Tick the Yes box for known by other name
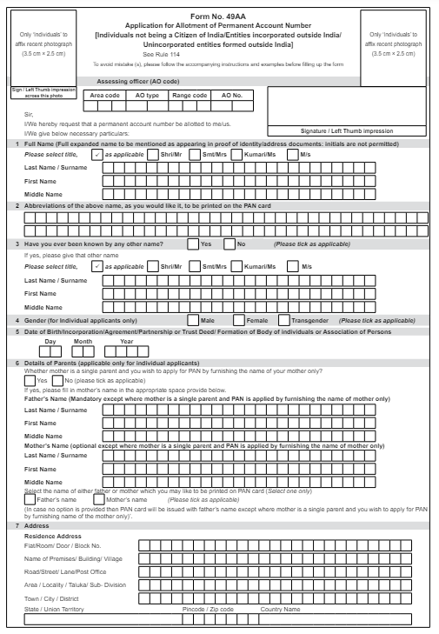point(193,244)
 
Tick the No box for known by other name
point(230,244)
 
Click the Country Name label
point(281,610)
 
